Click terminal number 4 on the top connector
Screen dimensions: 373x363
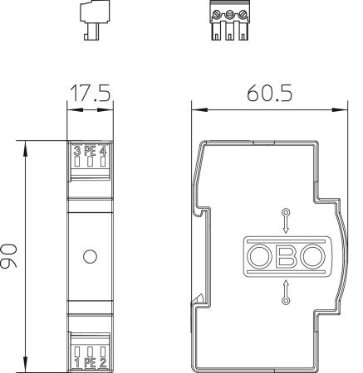tap(104, 151)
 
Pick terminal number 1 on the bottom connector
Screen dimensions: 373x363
tap(77, 361)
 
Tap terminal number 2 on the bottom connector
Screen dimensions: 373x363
tap(104, 361)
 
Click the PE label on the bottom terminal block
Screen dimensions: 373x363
tap(91, 361)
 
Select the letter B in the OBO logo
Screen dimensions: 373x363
tap(286, 256)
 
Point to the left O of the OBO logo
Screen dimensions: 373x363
tap(260, 256)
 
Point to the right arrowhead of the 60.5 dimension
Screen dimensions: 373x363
tap(341, 109)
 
